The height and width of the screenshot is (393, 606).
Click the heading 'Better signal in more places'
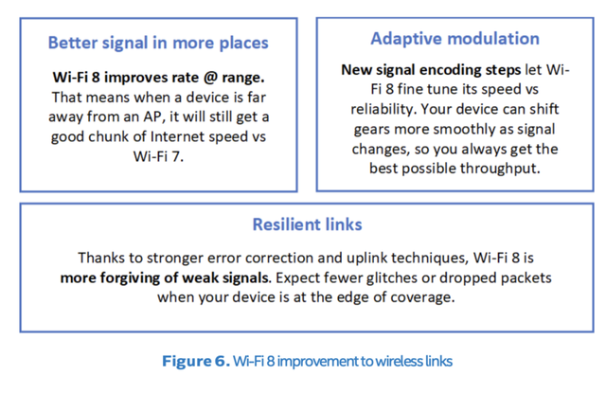pyautogui.click(x=158, y=43)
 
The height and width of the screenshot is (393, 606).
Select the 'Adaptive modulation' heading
pyautogui.click(x=454, y=39)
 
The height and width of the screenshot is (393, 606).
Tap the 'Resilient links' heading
pyautogui.click(x=307, y=225)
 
